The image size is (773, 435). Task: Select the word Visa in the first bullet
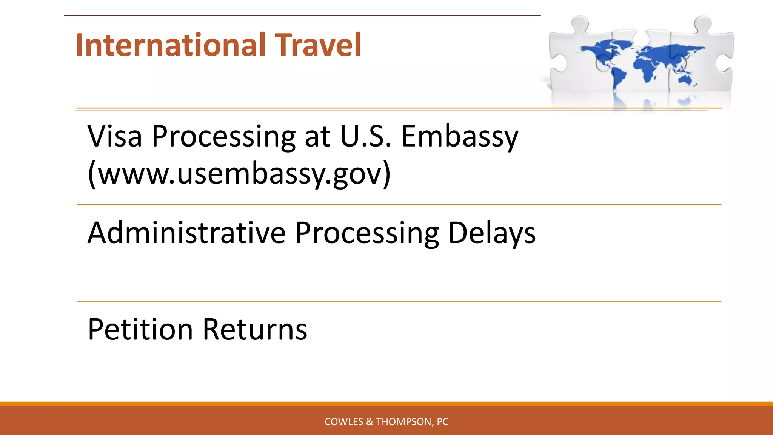115,137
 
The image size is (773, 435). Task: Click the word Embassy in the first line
459,137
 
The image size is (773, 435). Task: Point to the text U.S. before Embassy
365,137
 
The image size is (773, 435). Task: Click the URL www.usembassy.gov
239,174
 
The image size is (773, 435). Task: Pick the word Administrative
186,233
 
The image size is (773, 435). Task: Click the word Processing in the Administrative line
367,233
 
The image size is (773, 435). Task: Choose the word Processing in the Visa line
223,137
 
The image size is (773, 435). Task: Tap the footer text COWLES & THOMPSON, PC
386,422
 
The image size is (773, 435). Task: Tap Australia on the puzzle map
685,80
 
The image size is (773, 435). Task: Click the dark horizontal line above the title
302,15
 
